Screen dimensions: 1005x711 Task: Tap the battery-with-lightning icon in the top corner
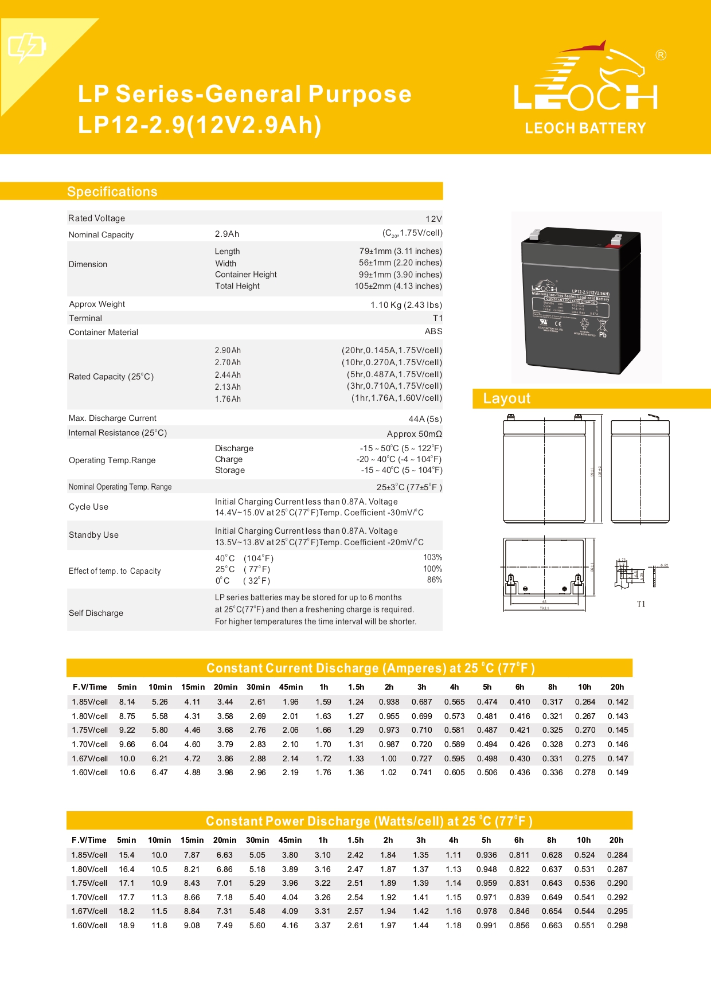(26, 46)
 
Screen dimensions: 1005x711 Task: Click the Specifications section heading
(112, 191)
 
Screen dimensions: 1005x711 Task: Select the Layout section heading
(506, 398)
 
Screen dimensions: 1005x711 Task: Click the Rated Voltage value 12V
(433, 219)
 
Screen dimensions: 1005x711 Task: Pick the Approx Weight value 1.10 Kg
(406, 305)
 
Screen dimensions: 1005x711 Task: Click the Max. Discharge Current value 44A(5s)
(425, 419)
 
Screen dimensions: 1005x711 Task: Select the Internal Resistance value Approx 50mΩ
(414, 434)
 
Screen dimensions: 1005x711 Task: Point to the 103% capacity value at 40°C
(432, 557)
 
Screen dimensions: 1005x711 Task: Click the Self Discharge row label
(96, 613)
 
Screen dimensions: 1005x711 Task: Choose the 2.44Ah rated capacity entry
(228, 375)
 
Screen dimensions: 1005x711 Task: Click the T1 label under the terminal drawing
(641, 604)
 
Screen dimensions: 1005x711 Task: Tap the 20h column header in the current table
(617, 687)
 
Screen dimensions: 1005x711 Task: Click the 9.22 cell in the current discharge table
(127, 730)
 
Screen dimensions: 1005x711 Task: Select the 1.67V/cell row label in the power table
(89, 911)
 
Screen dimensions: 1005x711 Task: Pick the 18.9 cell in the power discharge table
(126, 925)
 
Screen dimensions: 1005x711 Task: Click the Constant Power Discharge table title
(369, 821)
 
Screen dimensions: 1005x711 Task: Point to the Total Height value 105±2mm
(398, 286)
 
